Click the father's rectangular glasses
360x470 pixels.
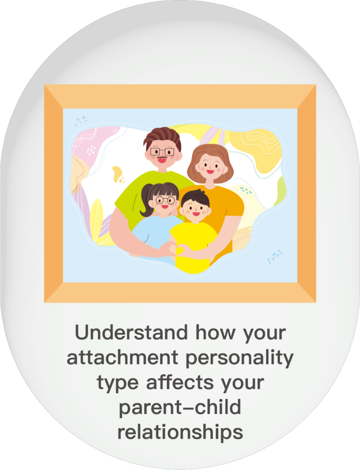pos(162,151)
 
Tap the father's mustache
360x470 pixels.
pos(162,157)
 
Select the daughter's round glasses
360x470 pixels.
pos(165,200)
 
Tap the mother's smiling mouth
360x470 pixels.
pos(210,172)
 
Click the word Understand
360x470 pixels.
pos(132,332)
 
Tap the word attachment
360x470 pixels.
pos(122,357)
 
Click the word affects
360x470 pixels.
pos(180,382)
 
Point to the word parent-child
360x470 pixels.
pos(180,408)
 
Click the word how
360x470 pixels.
pos(216,332)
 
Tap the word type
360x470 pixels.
pos(118,384)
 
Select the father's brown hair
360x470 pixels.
pos(162,137)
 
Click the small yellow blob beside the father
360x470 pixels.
pos(118,174)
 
